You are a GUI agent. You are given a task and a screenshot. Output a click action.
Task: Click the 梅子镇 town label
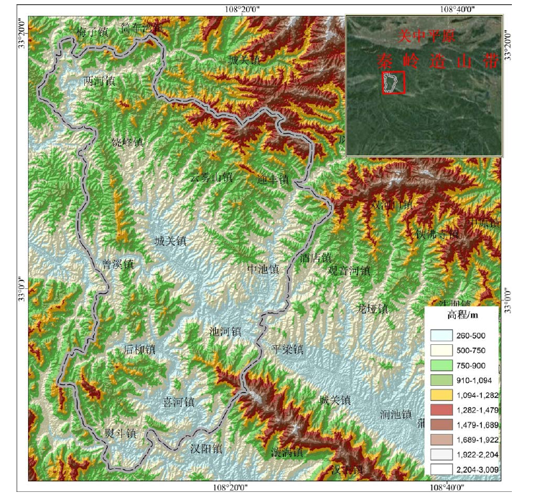tap(91, 32)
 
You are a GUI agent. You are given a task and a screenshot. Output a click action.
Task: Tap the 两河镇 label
tap(99, 80)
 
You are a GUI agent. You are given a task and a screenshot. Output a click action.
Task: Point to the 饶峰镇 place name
tap(127, 142)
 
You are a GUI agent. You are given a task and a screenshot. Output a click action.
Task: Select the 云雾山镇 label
tap(211, 177)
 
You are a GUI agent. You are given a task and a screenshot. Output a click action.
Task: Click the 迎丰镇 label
tap(272, 179)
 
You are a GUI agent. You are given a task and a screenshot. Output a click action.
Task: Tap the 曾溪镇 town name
tap(118, 264)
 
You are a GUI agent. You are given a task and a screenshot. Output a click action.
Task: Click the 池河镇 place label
tap(224, 331)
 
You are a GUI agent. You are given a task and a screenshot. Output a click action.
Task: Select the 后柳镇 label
tap(139, 350)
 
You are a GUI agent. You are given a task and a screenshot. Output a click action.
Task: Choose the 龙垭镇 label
tap(373, 309)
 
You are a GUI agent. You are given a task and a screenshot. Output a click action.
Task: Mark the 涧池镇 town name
tap(396, 415)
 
